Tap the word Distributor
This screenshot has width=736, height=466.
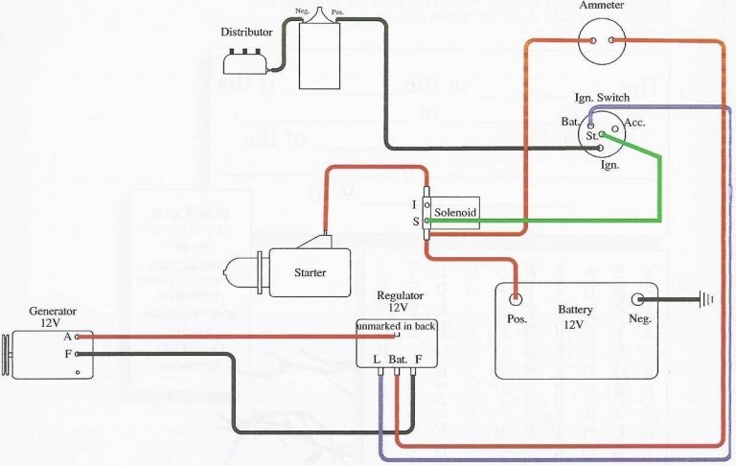click(x=246, y=32)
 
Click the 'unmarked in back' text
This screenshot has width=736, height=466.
click(x=396, y=327)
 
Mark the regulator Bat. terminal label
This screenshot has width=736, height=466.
click(x=399, y=360)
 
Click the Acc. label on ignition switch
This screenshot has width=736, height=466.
click(x=634, y=124)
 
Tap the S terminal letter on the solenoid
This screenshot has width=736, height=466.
click(x=414, y=221)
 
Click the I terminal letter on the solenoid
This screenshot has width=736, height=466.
click(x=414, y=204)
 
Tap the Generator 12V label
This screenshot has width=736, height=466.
click(x=53, y=317)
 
